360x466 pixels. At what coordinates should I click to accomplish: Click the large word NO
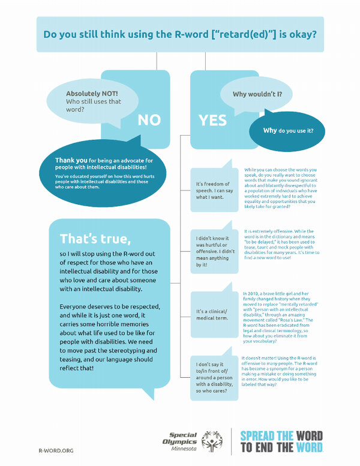coord(149,120)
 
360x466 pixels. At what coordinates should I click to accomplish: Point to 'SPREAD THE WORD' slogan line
coord(281,435)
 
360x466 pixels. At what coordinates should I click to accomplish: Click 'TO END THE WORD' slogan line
coord(281,447)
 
